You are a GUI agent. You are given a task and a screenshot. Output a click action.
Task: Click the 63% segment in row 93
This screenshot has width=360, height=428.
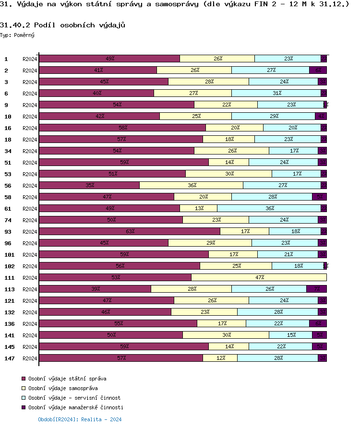[x=130, y=231]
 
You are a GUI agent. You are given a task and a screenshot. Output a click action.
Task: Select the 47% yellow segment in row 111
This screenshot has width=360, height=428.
[x=259, y=277]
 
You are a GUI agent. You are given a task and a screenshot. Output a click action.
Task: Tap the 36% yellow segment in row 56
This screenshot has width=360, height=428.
[x=192, y=185]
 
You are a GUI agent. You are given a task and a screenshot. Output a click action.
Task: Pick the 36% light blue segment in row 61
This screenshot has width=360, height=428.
[x=269, y=208]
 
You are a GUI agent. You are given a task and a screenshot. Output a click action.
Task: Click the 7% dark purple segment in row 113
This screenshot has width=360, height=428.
[x=317, y=289]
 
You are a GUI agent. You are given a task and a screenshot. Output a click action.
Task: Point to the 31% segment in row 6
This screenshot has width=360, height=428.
[x=276, y=93]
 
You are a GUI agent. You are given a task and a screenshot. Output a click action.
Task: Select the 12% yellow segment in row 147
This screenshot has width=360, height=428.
[x=220, y=358]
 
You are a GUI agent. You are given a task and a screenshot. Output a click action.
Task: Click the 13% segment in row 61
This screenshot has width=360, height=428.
[x=199, y=208]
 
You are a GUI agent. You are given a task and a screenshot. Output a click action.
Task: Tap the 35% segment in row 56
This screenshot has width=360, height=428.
[x=89, y=185]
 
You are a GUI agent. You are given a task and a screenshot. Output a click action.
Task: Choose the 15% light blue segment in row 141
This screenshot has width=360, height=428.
[x=291, y=335]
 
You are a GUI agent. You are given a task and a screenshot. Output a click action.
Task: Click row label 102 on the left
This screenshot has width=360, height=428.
[x=9, y=266]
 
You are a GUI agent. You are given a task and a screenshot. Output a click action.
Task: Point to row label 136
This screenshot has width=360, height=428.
[x=9, y=324]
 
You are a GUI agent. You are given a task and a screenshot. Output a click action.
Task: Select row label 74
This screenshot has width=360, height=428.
[x=8, y=220]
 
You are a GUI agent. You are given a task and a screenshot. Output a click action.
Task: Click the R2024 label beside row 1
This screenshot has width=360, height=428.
[x=30, y=59]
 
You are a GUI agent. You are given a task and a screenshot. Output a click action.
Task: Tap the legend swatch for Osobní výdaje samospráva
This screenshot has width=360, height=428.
[x=24, y=388]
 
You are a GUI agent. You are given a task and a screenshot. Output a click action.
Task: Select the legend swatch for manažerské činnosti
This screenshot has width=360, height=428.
[x=24, y=407]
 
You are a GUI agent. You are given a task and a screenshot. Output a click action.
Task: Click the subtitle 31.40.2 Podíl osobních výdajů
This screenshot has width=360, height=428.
[x=63, y=25]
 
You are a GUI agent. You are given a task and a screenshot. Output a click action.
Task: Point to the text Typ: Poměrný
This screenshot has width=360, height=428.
[x=17, y=35]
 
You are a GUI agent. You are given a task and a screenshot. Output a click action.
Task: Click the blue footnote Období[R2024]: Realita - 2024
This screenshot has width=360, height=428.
[x=80, y=419]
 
